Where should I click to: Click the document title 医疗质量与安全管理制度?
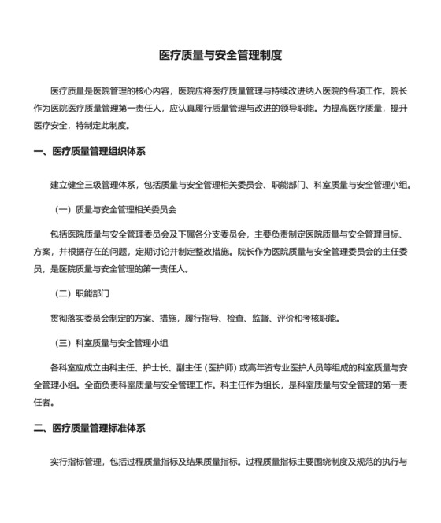point(220,56)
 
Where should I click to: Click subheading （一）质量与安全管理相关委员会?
point(115,210)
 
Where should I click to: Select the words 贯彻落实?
point(66,319)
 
